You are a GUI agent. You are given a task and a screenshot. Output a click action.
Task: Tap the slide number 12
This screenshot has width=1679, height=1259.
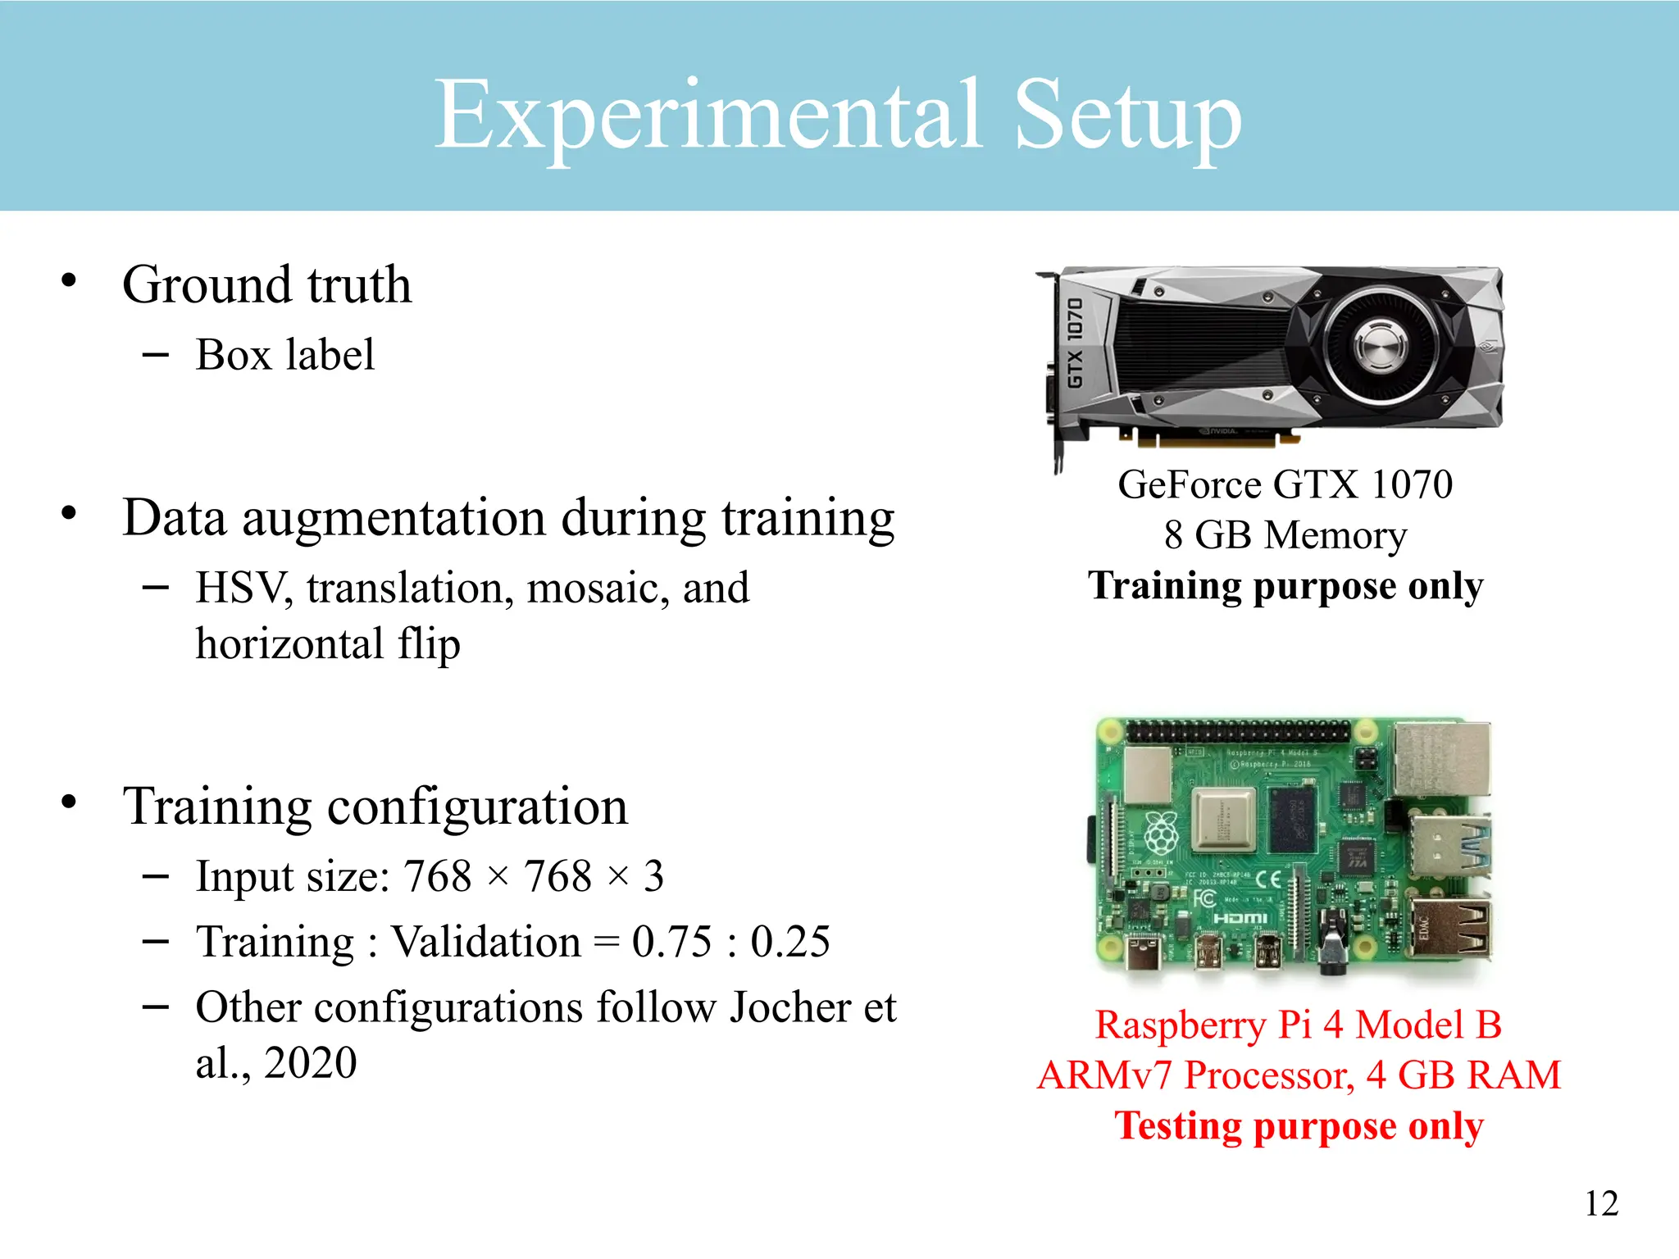(1601, 1203)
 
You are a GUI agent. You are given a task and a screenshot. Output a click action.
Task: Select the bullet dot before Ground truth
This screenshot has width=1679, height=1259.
(69, 281)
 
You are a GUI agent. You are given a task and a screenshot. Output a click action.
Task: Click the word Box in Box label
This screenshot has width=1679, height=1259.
(234, 355)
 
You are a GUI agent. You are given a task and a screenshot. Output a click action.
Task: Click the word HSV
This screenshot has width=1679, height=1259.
(243, 589)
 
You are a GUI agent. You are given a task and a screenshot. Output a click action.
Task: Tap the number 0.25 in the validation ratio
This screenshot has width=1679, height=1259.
(790, 942)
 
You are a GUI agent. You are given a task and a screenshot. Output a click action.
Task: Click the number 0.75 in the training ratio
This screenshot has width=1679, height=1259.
(671, 942)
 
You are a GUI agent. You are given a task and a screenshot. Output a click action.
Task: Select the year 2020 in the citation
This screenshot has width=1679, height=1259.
(310, 1063)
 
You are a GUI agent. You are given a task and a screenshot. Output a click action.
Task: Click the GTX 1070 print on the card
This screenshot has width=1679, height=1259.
(1075, 343)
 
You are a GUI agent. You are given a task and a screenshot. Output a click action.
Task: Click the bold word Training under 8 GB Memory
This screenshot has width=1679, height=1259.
(1164, 586)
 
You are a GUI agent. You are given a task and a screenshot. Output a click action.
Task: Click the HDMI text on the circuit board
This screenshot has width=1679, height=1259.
(1240, 918)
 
